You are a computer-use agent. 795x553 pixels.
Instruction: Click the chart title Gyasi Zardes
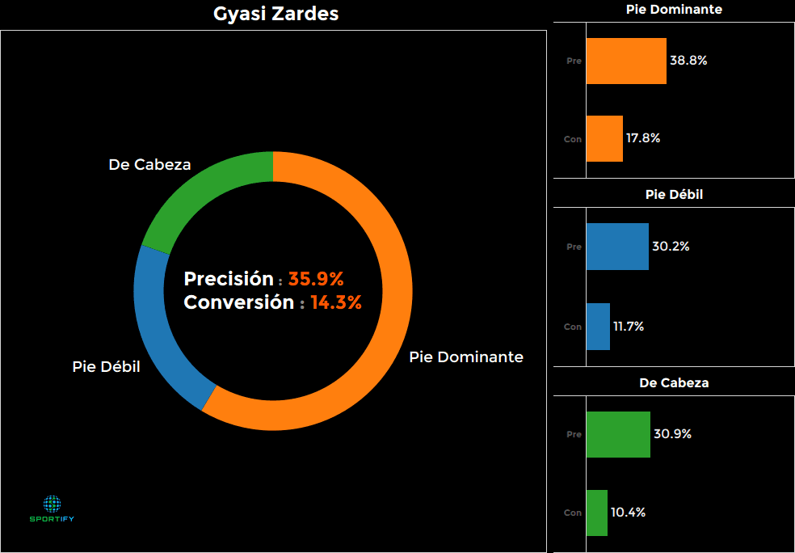(x=276, y=14)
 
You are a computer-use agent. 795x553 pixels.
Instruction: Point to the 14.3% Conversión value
(x=335, y=303)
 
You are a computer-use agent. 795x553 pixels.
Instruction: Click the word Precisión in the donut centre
(x=229, y=280)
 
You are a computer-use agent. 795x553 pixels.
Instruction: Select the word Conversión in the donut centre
(x=239, y=303)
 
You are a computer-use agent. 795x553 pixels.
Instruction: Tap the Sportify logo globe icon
(x=53, y=504)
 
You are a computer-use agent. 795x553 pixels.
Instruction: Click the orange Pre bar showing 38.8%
(x=626, y=61)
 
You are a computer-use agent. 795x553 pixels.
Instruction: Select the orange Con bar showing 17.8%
(x=604, y=138)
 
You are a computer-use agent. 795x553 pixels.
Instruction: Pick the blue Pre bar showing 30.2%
(x=617, y=247)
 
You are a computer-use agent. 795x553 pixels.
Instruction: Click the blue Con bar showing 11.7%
(x=598, y=327)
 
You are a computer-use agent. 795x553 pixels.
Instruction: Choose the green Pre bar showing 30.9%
(x=618, y=434)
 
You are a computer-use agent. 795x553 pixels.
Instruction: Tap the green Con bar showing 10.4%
(x=596, y=513)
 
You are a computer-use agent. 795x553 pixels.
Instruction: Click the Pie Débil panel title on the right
(x=674, y=195)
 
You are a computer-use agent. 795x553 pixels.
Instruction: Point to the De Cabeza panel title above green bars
(x=674, y=383)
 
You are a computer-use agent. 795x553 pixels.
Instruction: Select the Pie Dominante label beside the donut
(x=466, y=357)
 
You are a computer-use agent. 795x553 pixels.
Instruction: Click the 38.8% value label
(x=688, y=61)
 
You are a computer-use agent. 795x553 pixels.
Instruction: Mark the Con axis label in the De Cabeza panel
(x=572, y=513)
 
